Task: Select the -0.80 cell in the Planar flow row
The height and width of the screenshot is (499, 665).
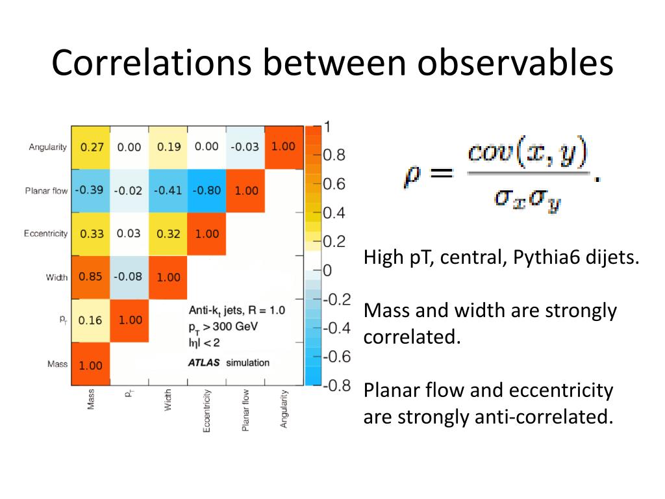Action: coord(207,190)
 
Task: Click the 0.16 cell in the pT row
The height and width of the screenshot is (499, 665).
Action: coord(90,321)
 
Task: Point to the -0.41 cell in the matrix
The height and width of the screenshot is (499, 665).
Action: coord(168,190)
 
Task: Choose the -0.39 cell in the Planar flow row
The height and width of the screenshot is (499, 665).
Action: coord(90,190)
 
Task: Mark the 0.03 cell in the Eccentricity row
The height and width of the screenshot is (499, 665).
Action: coord(129,234)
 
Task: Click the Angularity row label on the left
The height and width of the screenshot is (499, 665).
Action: coord(47,147)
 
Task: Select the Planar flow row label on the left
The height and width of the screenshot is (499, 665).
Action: coord(46,191)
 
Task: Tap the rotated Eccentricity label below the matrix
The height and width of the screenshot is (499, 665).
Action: coord(207,411)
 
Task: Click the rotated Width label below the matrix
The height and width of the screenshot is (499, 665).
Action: coord(168,401)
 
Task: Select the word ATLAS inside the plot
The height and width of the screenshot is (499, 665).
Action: coord(204,362)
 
